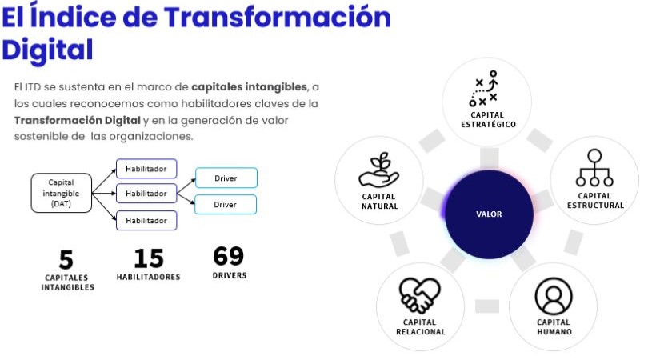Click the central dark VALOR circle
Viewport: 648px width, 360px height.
click(x=489, y=214)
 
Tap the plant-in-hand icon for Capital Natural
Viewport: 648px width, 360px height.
click(x=378, y=170)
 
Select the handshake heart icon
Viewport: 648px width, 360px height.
click(x=420, y=296)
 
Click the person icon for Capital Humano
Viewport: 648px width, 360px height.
click(x=554, y=296)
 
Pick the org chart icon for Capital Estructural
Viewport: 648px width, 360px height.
click(x=594, y=168)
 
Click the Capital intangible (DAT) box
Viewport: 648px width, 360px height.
click(x=61, y=193)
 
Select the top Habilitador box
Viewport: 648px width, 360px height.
click(x=146, y=168)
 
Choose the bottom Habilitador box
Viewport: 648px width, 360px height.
click(x=146, y=220)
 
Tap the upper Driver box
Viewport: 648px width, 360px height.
click(x=226, y=178)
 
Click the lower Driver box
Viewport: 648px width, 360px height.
click(x=226, y=205)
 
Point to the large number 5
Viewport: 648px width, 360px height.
click(x=66, y=260)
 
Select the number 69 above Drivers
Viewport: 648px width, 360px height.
click(x=229, y=257)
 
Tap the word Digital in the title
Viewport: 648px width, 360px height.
click(x=47, y=49)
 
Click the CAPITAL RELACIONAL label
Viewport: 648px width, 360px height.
click(x=420, y=327)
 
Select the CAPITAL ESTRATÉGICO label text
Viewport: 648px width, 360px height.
click(x=488, y=119)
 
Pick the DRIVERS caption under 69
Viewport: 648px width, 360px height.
click(x=229, y=276)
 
